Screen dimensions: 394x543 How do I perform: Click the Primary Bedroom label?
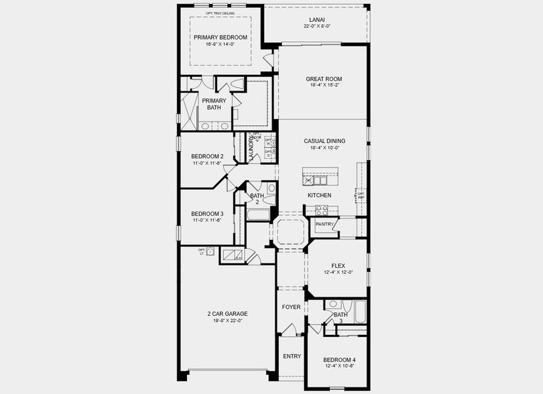220,37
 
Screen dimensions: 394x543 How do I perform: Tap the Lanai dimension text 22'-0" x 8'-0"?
317,26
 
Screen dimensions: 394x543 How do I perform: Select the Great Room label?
324,79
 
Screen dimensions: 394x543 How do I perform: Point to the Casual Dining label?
324,141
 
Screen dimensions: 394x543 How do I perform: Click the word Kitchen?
320,195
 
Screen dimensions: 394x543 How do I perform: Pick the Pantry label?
325,225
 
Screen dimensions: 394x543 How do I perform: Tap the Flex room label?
338,265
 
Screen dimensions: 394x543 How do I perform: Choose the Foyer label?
291,307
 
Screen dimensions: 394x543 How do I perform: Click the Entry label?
292,357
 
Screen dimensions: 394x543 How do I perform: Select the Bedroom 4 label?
340,360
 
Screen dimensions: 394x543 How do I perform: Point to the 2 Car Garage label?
225,313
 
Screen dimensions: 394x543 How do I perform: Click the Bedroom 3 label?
207,213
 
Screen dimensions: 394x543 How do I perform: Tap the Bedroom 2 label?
207,156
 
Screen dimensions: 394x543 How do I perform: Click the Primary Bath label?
214,104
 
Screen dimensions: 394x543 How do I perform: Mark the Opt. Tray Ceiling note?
220,13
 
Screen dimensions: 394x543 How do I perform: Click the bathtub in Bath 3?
358,310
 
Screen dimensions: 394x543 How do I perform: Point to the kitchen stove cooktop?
321,210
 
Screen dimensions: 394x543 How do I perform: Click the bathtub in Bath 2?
258,214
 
